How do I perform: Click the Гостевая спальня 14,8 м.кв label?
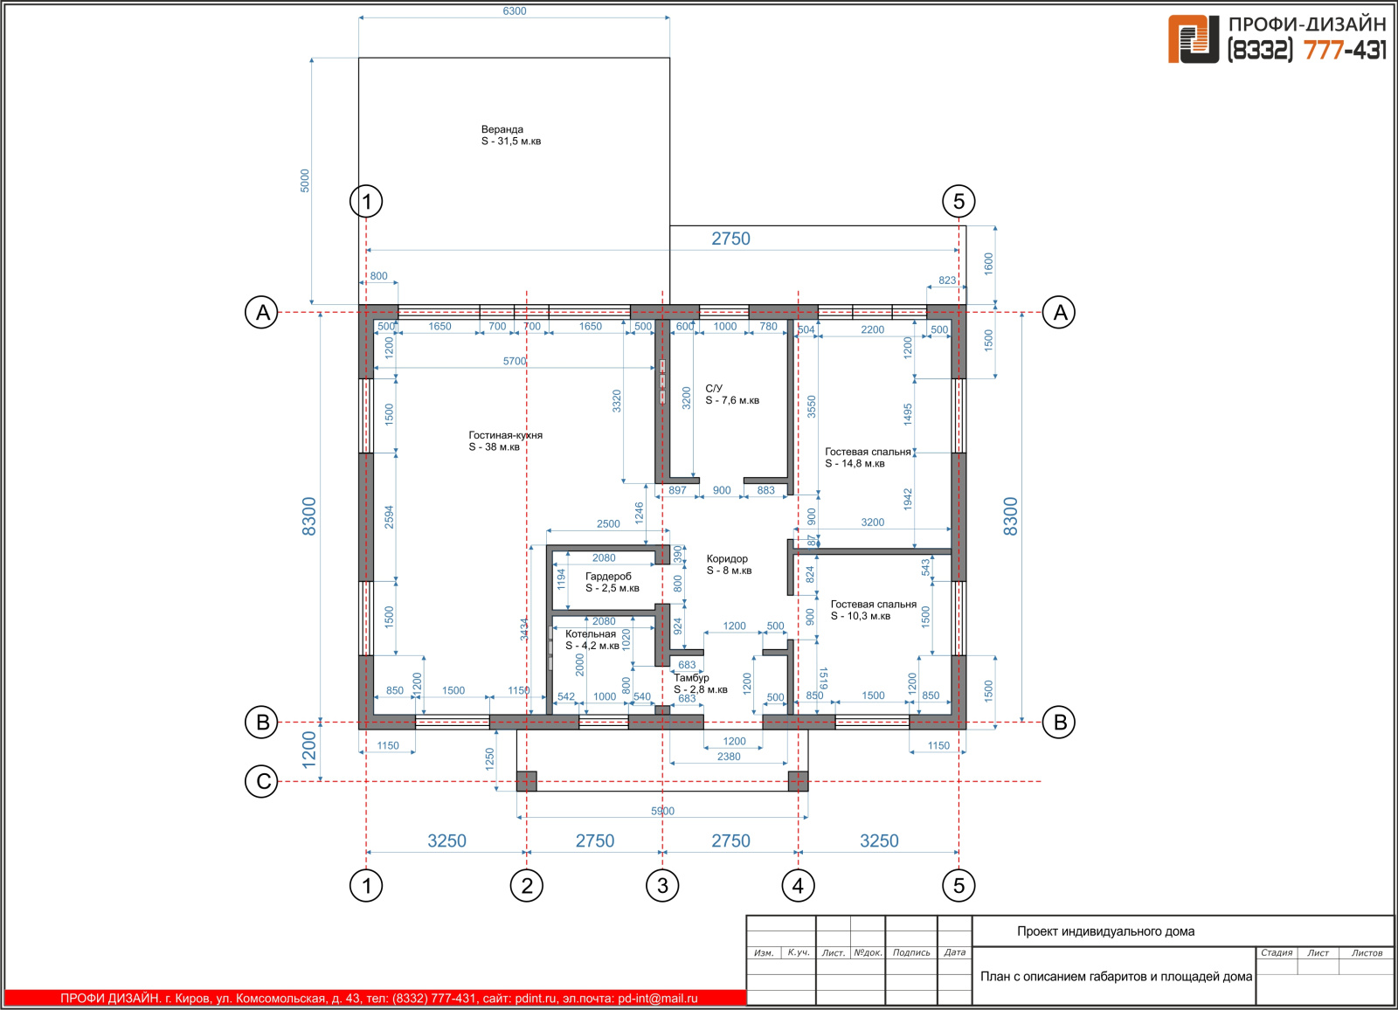coord(869,458)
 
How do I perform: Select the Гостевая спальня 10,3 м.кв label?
coord(873,610)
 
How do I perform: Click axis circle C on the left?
coord(262,782)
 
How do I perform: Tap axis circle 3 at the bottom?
coord(662,885)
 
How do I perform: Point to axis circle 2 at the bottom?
coord(527,885)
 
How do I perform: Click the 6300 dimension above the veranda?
coord(515,11)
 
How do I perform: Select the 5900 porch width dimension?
coord(663,811)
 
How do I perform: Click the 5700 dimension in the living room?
coord(515,361)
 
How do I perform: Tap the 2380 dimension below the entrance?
coord(729,757)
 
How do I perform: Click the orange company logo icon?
coord(1194,38)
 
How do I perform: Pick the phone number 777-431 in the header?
coord(1345,50)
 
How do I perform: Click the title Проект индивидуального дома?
coord(1106,931)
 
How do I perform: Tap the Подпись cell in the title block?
coord(911,952)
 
